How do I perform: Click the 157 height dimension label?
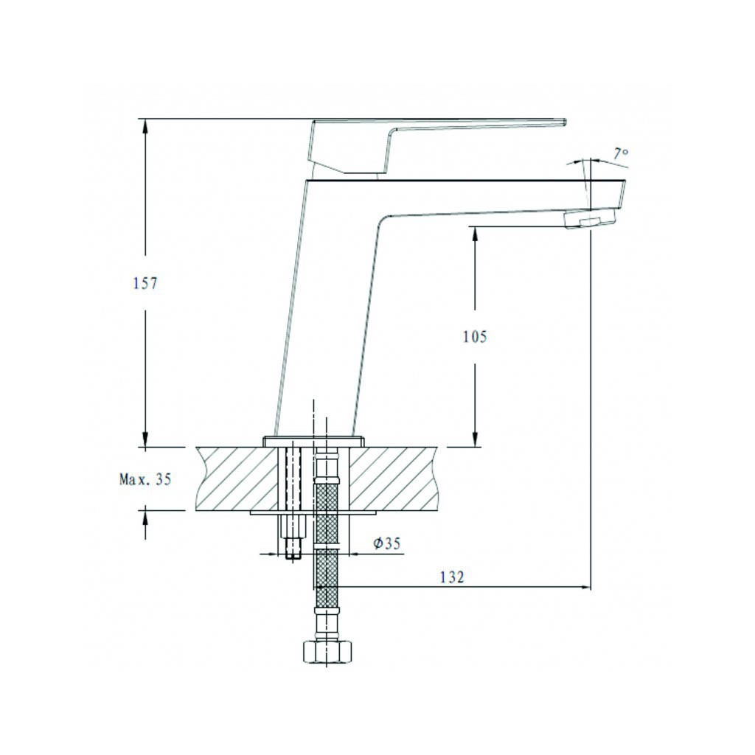point(145,284)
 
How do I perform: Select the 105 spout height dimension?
point(475,336)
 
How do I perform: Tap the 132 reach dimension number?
point(452,577)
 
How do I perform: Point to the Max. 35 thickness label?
point(145,479)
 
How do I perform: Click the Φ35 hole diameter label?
point(386,543)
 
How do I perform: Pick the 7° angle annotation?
point(621,153)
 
